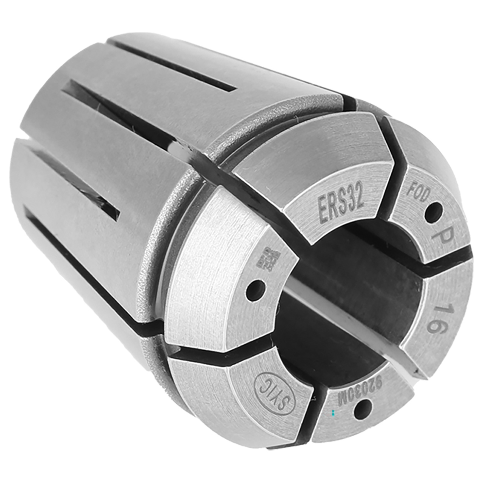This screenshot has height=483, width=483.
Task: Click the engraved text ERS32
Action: [x=341, y=206]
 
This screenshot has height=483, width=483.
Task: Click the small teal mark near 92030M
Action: [x=333, y=414]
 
